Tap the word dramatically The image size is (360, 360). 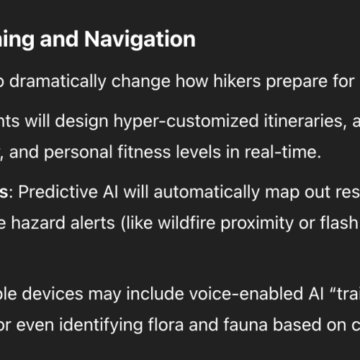click(x=58, y=82)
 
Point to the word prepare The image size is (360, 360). click(x=296, y=82)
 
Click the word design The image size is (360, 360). click(x=81, y=122)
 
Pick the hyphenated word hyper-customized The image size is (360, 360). click(x=186, y=122)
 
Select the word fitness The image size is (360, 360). click(x=144, y=152)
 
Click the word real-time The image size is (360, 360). click(x=283, y=152)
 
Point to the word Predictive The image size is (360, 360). click(x=58, y=192)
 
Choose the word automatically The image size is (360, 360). click(x=207, y=193)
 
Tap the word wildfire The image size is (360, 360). click(x=186, y=222)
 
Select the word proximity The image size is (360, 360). click(x=257, y=223)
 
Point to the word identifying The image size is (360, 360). click(x=101, y=325)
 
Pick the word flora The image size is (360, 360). click(x=166, y=325)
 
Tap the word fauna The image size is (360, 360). click(x=246, y=325)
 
